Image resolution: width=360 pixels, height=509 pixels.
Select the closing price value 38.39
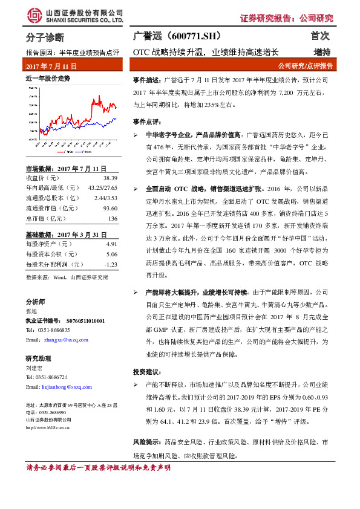click(110, 178)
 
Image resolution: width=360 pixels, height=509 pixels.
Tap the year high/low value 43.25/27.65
click(102, 188)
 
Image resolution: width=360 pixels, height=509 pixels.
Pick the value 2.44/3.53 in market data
click(105, 198)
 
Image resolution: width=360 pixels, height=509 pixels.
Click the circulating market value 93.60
click(110, 208)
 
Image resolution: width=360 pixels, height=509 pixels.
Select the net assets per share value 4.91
click(111, 244)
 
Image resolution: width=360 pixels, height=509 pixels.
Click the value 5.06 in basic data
click(111, 254)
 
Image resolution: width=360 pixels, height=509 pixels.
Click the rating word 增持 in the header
click(322, 52)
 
